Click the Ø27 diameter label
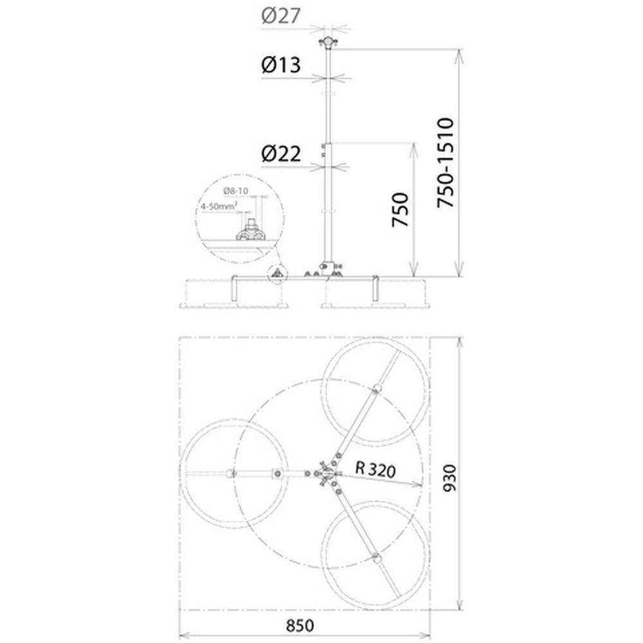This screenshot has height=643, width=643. (281, 15)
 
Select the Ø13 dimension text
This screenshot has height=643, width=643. (281, 65)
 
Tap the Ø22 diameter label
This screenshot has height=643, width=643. (281, 154)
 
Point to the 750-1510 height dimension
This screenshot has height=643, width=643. (446, 163)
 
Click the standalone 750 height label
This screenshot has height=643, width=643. (401, 210)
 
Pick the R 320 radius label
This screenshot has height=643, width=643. (376, 469)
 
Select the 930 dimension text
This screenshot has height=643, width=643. (449, 478)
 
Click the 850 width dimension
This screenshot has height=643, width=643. (300, 626)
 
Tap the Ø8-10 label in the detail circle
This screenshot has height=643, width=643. (236, 191)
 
